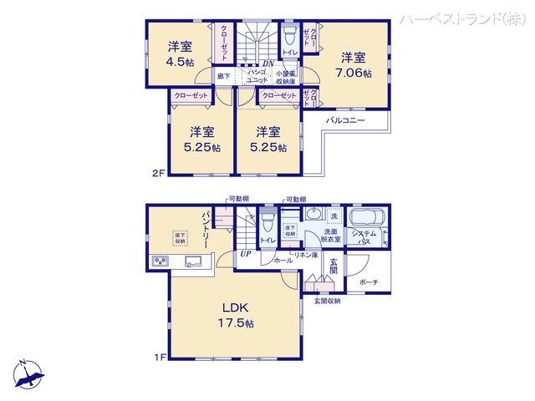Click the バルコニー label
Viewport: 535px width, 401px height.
345,121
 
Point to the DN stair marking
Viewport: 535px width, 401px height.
268,63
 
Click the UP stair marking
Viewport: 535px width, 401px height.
246,254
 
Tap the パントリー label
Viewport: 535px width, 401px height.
204,226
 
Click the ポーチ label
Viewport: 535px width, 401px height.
369,282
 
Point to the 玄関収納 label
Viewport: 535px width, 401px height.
327,301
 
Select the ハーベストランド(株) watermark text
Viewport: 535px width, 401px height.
465,18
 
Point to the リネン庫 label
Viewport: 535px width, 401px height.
303,254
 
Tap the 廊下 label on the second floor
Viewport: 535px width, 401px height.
223,77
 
